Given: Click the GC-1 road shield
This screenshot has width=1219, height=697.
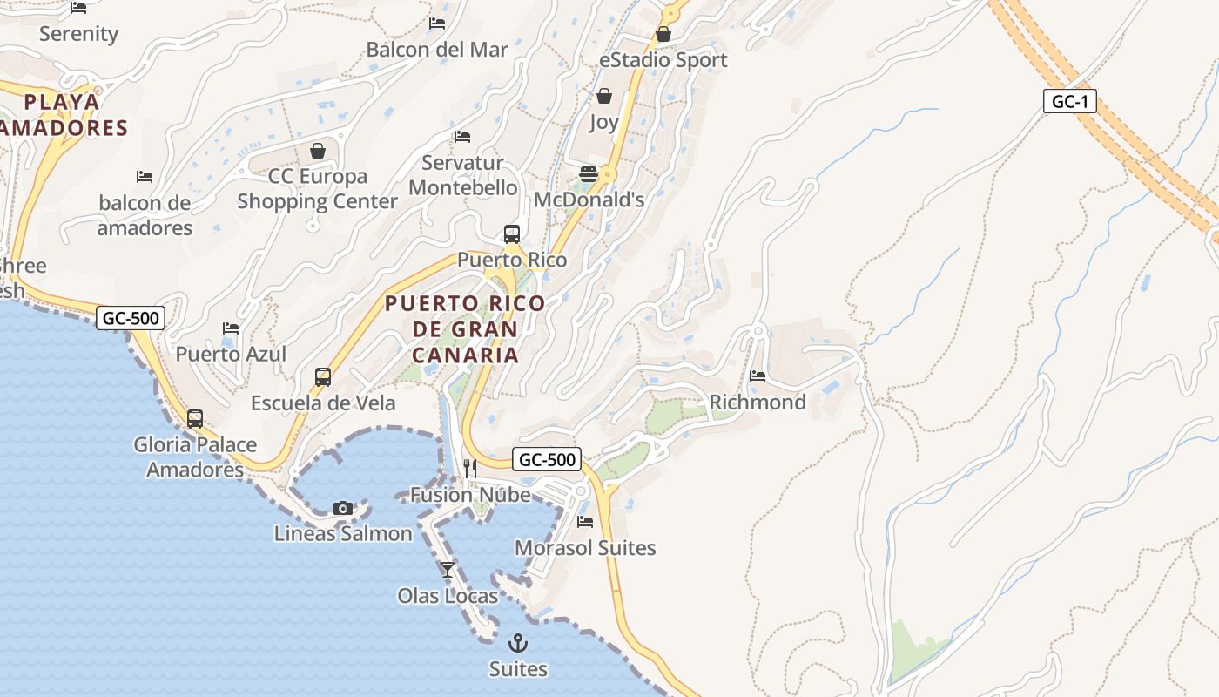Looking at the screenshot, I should click(x=1069, y=101).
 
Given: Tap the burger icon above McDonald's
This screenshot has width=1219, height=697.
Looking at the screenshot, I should click(x=589, y=173).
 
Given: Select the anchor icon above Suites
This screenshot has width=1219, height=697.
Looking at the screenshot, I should click(x=518, y=643).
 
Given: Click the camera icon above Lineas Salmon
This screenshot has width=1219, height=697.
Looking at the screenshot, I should click(x=343, y=508).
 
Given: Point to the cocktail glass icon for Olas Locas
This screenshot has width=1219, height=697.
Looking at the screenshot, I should click(x=448, y=570).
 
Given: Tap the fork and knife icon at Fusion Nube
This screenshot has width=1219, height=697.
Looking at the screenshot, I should click(x=470, y=469).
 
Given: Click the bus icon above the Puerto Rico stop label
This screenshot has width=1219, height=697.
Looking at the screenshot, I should click(x=512, y=233).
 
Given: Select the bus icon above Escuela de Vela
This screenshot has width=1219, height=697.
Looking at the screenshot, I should click(x=323, y=377).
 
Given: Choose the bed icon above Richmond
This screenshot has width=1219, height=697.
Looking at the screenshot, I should click(x=758, y=376).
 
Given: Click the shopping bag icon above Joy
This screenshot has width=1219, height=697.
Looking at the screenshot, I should click(x=604, y=96).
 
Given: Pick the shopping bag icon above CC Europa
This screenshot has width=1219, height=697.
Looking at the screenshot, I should click(x=318, y=151).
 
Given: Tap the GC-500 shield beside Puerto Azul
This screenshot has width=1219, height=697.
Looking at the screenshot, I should click(x=131, y=318).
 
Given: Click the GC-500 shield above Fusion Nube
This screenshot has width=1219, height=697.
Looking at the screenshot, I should click(x=547, y=459).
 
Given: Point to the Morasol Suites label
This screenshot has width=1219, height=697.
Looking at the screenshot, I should click(x=585, y=548).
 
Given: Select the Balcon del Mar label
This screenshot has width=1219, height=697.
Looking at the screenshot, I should click(x=437, y=50).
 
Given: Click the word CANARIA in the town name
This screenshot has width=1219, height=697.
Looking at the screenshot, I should click(x=465, y=355).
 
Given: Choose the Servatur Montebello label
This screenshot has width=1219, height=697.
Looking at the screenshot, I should click(x=462, y=175).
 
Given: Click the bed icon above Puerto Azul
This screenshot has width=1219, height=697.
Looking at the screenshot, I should click(x=231, y=328).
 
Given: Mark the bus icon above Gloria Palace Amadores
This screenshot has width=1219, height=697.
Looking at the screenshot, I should click(x=195, y=419).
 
